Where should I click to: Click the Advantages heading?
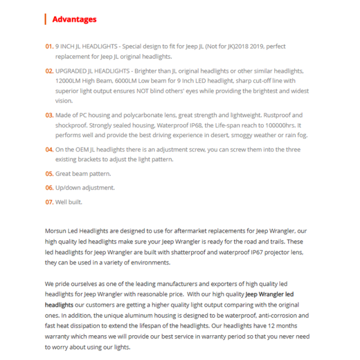tap(74, 19)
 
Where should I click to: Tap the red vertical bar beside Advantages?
tap(45, 19)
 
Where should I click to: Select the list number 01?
tap(49, 46)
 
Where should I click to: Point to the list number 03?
tap(49, 115)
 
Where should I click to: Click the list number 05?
tap(49, 174)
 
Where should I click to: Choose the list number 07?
tap(49, 202)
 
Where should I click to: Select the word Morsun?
tap(56, 231)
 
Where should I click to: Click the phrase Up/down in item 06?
tap(69, 188)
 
